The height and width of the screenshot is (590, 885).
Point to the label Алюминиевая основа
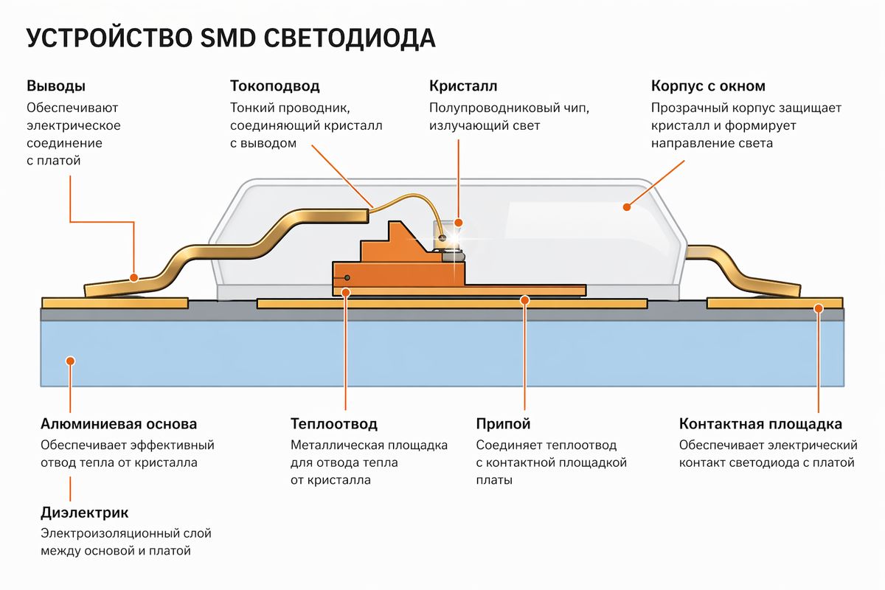[118, 424]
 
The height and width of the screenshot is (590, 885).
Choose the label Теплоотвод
[334, 424]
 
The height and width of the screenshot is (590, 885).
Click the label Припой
[503, 424]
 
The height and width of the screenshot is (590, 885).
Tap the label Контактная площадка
[760, 424]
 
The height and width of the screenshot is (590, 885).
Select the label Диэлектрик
[84, 512]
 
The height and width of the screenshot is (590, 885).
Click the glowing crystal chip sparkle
[445, 239]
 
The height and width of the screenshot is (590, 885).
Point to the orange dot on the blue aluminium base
[70, 361]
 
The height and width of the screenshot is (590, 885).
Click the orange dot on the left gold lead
[134, 278]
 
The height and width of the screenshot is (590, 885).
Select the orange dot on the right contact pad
[818, 309]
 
